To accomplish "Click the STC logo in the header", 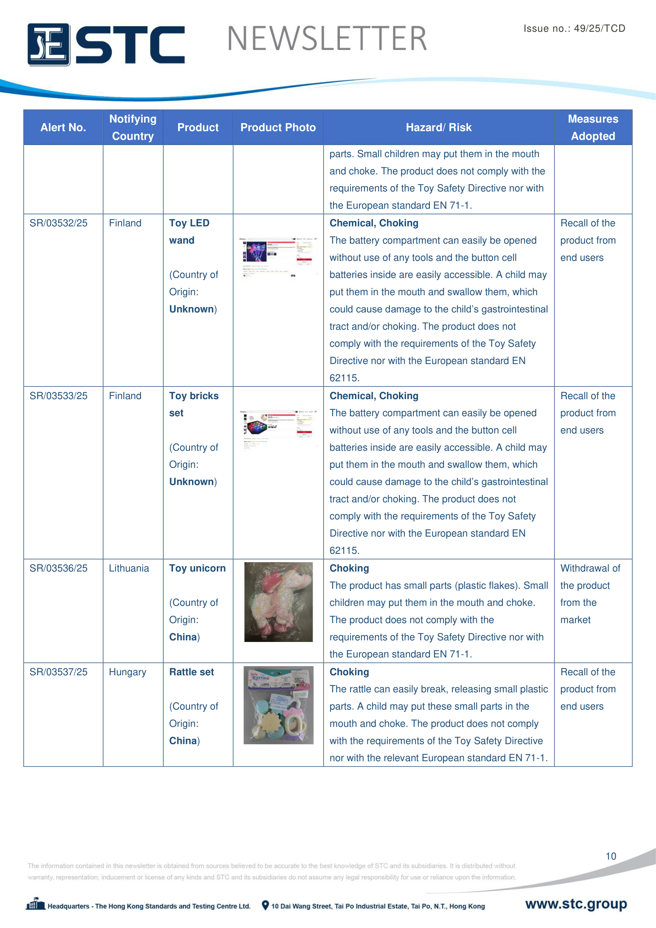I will (106, 44).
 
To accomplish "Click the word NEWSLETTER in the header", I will (327, 39).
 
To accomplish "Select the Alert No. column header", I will (63, 128).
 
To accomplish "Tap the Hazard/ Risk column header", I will (438, 128).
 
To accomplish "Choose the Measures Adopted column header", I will (593, 127).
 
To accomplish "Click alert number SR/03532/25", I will (59, 223).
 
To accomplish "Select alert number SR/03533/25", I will (59, 396).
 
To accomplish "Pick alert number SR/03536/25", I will (59, 568).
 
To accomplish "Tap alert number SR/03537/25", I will (59, 672).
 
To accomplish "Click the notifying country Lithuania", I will (129, 568).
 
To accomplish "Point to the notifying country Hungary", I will (128, 672).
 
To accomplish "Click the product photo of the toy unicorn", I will (278, 602).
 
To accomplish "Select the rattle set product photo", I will (278, 705).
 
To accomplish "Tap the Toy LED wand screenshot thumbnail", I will (278, 257).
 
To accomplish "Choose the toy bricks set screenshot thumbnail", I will (278, 430).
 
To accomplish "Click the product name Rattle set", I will (192, 672).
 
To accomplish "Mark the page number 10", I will (610, 856).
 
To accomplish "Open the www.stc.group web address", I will (575, 904).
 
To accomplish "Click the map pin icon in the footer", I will (265, 905).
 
